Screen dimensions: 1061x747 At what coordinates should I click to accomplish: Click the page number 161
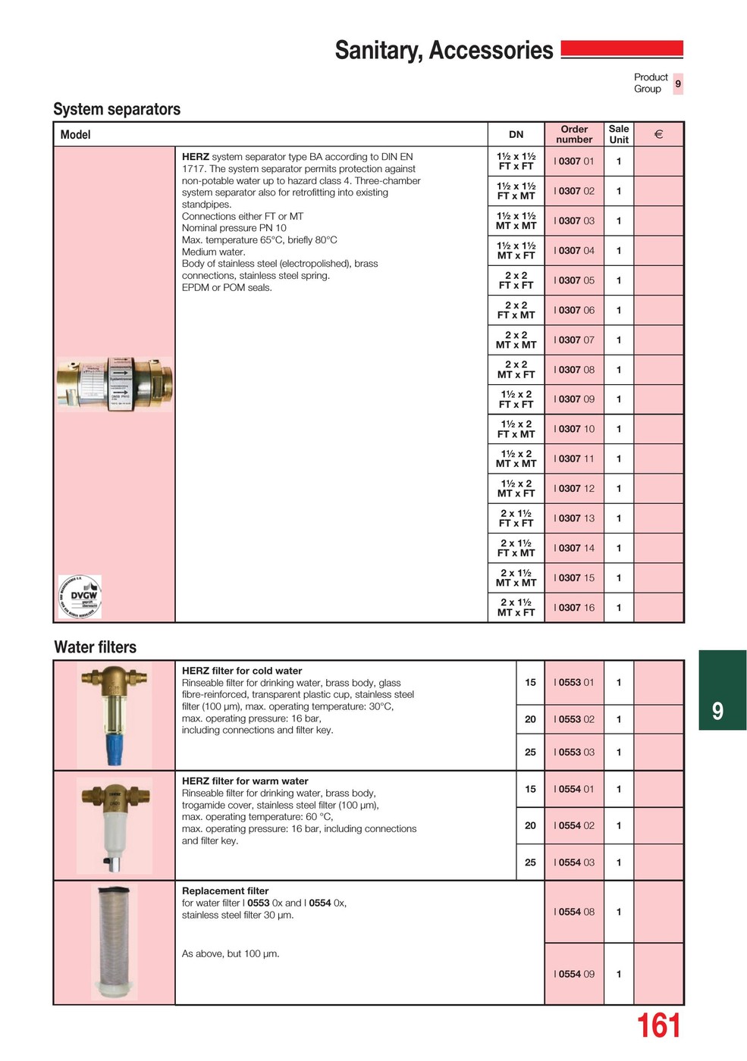(658, 1026)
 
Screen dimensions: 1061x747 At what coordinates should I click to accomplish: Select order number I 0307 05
(574, 280)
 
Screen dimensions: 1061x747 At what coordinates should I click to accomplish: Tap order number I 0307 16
(574, 608)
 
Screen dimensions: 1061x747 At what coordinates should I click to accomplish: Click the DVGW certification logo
(80, 596)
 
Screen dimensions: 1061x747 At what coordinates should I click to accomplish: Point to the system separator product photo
(115, 384)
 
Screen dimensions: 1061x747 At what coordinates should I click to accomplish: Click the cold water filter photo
(114, 715)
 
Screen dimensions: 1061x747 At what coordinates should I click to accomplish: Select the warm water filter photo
(114, 825)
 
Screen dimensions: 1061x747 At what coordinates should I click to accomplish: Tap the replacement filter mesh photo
(115, 942)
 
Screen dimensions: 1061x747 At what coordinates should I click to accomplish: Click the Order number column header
(574, 134)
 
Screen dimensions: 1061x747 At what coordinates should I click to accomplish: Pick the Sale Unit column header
(619, 134)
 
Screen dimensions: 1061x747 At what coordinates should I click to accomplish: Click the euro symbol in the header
(658, 134)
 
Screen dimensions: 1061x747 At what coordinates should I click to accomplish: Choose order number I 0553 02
(574, 719)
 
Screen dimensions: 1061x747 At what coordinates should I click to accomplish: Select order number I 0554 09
(574, 975)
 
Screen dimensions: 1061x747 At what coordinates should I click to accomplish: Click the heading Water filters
(96, 647)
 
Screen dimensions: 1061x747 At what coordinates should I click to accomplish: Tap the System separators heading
(117, 109)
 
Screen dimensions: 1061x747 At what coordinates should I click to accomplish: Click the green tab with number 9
(721, 690)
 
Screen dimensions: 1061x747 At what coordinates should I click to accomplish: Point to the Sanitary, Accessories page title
(444, 50)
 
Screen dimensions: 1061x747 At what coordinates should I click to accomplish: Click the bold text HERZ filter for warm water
(245, 781)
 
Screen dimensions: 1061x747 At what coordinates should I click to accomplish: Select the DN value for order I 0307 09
(516, 399)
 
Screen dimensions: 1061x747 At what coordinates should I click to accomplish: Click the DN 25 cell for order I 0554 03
(530, 862)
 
